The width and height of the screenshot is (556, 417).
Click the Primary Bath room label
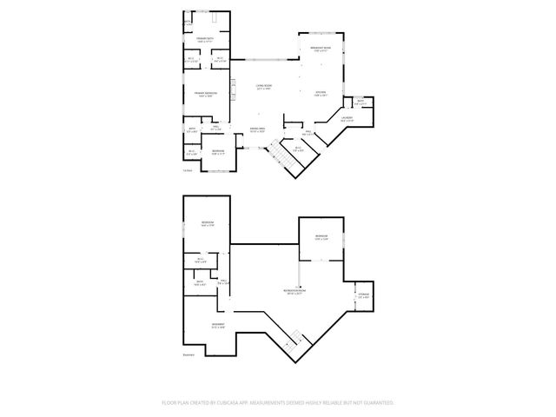[x=205, y=40]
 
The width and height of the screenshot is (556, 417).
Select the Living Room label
[x=264, y=86]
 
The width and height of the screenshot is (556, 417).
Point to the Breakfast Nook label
[x=321, y=49]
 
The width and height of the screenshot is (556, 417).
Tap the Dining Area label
[x=257, y=129]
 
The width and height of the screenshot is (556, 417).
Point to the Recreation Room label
[x=298, y=291]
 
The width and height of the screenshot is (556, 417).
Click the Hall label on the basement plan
[x=222, y=281]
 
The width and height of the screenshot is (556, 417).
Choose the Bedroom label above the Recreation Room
[x=321, y=236]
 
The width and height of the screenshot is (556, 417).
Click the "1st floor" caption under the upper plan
[x=187, y=170]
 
